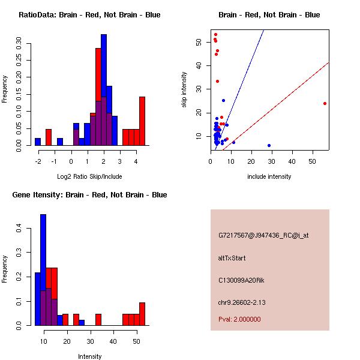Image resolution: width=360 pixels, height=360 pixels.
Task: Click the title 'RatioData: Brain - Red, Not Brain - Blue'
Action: point(89,15)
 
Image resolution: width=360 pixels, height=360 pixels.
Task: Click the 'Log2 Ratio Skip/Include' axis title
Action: point(89,176)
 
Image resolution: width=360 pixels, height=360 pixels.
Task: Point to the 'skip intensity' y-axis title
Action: point(184,90)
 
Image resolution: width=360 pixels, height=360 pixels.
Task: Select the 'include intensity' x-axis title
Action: point(269,176)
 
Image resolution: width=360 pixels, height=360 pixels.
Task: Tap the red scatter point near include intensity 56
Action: point(325,103)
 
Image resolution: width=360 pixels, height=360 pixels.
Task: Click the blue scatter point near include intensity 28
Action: point(269,145)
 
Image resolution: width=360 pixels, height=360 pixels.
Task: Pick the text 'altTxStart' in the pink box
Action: point(232,258)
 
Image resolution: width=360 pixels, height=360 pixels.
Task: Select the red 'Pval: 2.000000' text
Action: point(239,319)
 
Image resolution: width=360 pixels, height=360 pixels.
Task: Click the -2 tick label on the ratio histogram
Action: point(37,161)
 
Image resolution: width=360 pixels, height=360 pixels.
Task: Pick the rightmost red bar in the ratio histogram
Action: point(142,121)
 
